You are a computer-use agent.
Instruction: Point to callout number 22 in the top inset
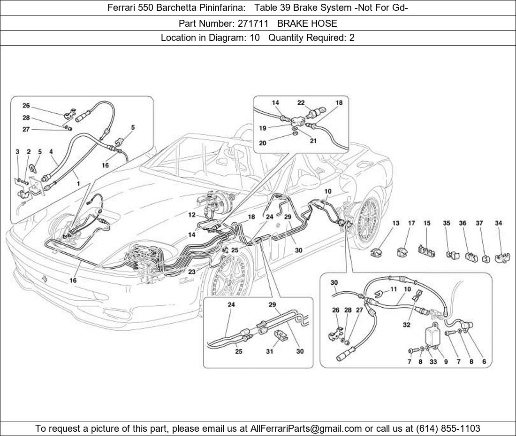click(301, 103)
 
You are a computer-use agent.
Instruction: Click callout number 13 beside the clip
click(396, 223)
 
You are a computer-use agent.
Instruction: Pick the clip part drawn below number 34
click(502, 257)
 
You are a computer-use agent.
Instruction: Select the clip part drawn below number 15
click(425, 251)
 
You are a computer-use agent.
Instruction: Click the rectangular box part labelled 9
click(434, 335)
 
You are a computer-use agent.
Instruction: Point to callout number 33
click(433, 362)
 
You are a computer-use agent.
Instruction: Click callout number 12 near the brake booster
click(192, 215)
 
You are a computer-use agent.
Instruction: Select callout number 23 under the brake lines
click(192, 272)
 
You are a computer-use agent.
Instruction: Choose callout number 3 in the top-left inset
click(17, 152)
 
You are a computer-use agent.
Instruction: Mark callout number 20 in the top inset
click(263, 143)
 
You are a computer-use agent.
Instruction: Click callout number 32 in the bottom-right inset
click(406, 324)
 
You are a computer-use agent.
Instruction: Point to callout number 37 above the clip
click(479, 223)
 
